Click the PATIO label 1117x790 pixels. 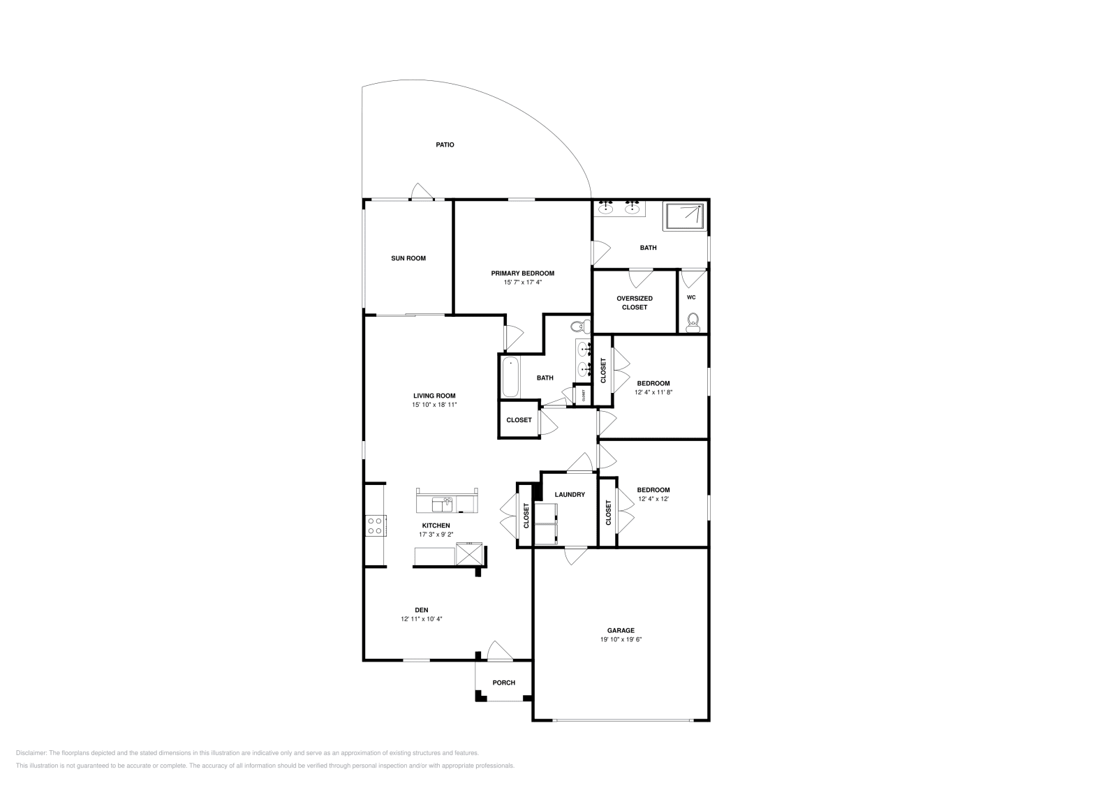(445, 145)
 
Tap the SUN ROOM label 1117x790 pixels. (408, 258)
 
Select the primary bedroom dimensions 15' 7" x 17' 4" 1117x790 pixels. (522, 283)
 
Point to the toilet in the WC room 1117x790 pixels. (693, 321)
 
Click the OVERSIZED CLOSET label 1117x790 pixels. (634, 303)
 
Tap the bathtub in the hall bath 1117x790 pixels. (510, 377)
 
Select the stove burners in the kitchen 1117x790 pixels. (374, 525)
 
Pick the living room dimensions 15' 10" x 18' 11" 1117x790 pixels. (434, 405)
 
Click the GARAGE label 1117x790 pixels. (620, 630)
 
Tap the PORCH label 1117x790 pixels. (503, 683)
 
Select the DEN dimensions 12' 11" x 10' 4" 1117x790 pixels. (421, 619)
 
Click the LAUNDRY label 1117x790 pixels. (570, 495)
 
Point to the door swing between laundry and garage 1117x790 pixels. (575, 556)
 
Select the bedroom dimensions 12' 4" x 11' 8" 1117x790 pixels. (653, 392)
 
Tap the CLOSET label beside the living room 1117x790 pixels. (519, 420)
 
